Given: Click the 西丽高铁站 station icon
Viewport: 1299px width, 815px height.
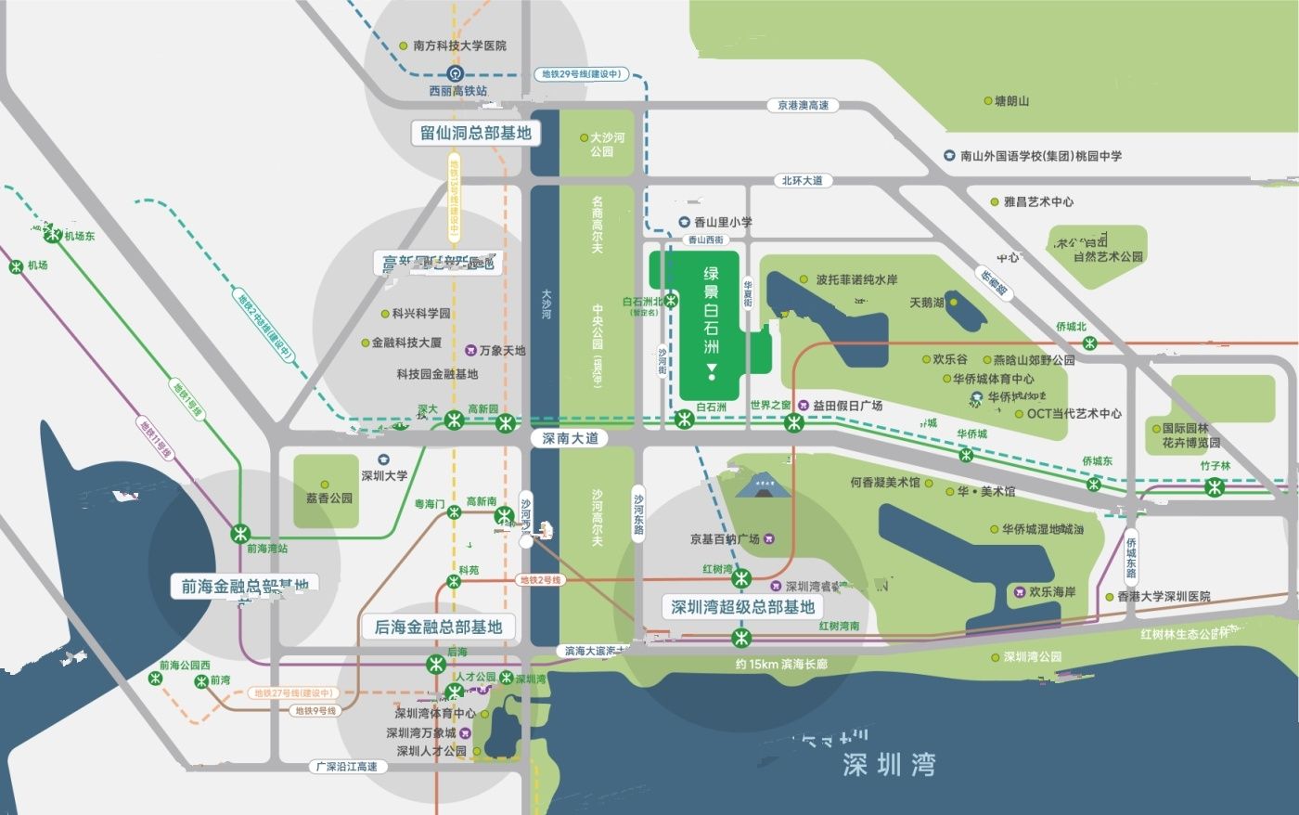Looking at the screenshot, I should pos(455,74).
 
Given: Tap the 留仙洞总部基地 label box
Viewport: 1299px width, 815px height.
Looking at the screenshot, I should pos(475,133).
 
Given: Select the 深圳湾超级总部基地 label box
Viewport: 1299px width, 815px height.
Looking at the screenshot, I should pos(742,607).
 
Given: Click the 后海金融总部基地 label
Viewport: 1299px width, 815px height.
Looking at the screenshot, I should pos(437,627).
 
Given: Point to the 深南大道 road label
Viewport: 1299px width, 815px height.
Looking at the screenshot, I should pos(571,438).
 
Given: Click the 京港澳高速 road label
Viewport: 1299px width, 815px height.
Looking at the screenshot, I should pos(804,106).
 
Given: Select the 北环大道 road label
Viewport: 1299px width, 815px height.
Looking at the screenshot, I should pos(802,181).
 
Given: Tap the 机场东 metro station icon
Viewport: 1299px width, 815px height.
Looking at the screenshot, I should pos(55,236).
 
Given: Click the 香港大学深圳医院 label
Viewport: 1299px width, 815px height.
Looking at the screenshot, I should pos(1164,597).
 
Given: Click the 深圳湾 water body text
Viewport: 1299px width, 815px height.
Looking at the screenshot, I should pos(889,765).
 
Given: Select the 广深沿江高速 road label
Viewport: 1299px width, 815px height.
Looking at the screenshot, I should pos(346,767).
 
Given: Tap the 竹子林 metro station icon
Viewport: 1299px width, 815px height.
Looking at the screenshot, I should pos(1215,486).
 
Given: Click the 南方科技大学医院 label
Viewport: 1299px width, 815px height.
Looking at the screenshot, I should pos(459,45).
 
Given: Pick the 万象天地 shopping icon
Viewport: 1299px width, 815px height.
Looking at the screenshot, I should pos(470,350).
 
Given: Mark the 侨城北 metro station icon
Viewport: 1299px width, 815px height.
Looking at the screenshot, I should pos(1090,343).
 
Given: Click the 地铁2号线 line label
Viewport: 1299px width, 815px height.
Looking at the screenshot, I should pos(540,580).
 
